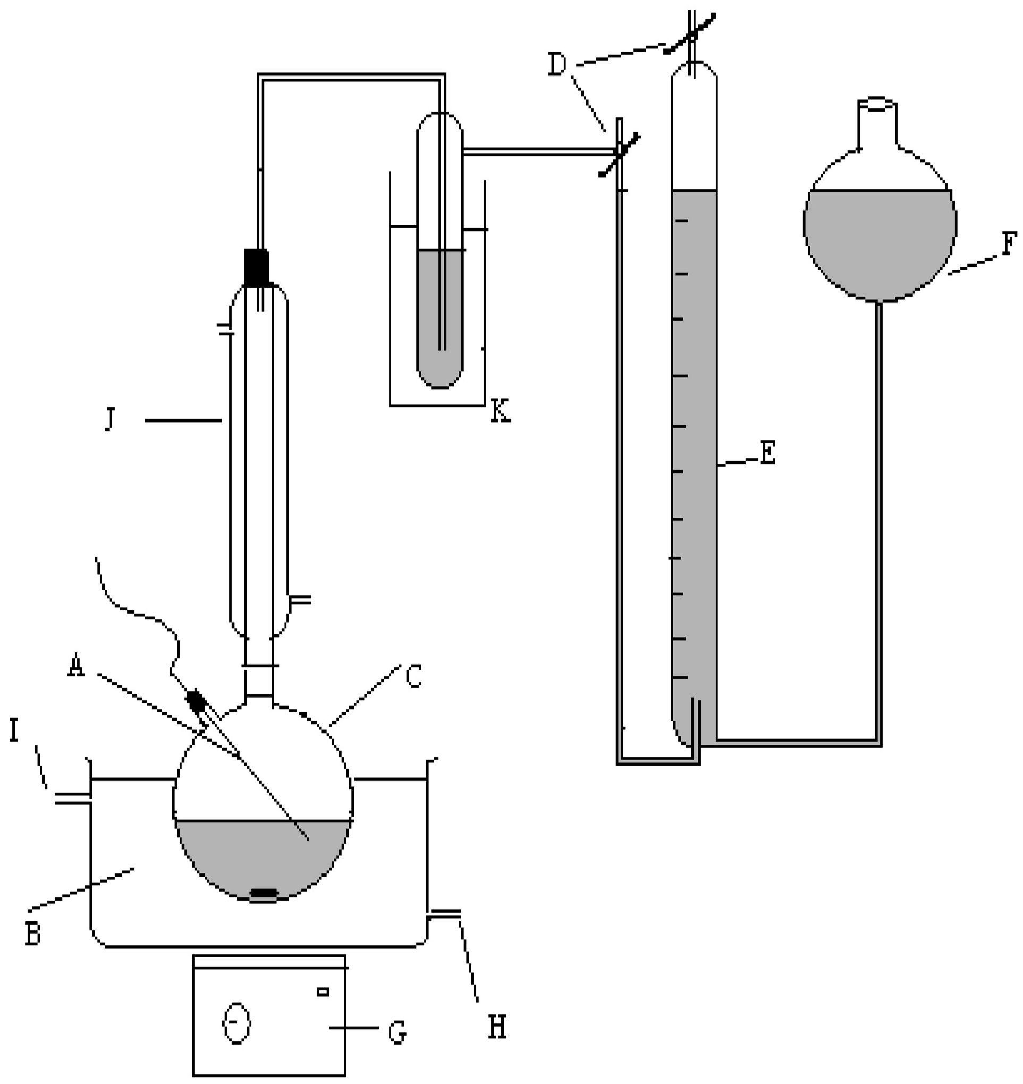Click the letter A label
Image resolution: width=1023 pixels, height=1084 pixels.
[77, 667]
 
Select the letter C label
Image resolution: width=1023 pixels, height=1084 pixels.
[413, 677]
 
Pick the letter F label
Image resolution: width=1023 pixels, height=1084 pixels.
[1009, 244]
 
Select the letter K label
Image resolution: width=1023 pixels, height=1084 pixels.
[500, 412]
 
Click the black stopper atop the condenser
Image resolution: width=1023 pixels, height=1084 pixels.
[256, 267]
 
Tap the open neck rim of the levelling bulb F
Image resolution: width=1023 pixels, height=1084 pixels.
[876, 104]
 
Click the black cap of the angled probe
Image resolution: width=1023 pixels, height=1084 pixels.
[195, 701]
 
